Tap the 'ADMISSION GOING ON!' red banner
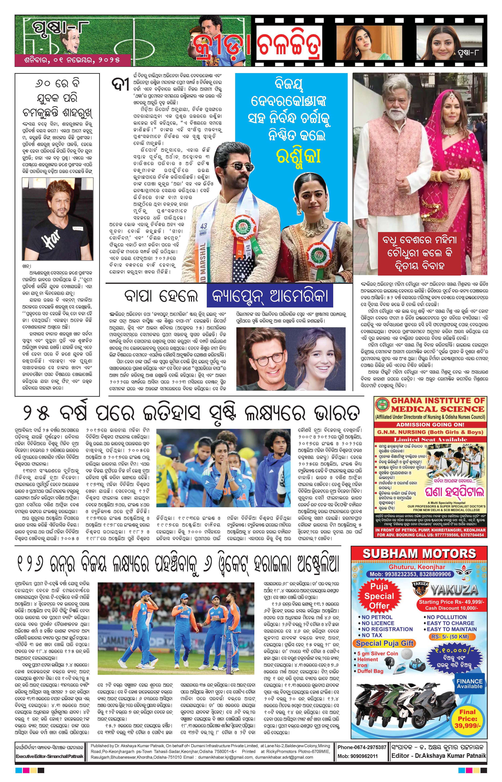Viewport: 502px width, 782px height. (x=430, y=424)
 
